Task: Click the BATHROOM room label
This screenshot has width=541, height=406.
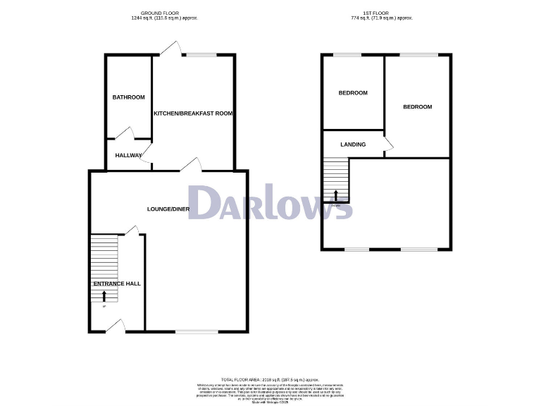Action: [129, 97]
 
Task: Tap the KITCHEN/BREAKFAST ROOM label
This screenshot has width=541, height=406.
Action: [193, 113]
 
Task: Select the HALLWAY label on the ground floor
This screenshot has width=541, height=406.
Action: [129, 156]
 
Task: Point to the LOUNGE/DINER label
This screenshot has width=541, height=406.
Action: [168, 209]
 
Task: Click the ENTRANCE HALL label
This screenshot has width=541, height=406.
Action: [117, 283]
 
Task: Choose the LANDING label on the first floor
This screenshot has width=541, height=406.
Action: [353, 144]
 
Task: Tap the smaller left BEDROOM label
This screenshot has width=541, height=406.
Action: [353, 93]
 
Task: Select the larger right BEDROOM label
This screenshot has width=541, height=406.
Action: [417, 107]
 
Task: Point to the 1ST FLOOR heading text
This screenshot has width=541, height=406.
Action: [380, 13]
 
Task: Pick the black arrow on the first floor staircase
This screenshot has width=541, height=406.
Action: [336, 194]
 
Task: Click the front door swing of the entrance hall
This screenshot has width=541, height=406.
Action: [116, 325]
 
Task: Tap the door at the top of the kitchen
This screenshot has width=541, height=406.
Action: [168, 48]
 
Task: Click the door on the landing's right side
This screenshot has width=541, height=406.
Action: [388, 144]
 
